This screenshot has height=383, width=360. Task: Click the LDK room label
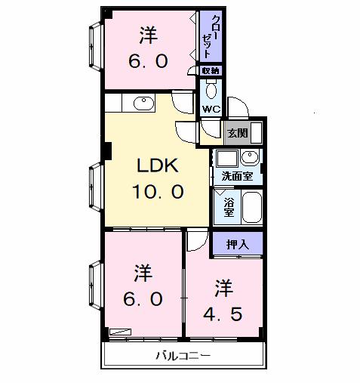(158, 166)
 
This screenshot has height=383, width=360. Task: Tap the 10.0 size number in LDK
(158, 193)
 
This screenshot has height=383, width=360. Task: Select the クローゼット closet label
(211, 36)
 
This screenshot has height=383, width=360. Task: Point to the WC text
(211, 108)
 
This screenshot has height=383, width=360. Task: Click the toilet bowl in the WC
(211, 91)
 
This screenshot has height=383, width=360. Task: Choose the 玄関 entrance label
(237, 133)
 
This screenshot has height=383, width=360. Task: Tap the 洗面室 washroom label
(237, 177)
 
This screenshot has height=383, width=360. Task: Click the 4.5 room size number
(223, 313)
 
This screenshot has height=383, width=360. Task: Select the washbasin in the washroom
(251, 158)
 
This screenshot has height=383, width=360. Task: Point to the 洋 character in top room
(148, 35)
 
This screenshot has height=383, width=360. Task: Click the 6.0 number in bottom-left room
(143, 298)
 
